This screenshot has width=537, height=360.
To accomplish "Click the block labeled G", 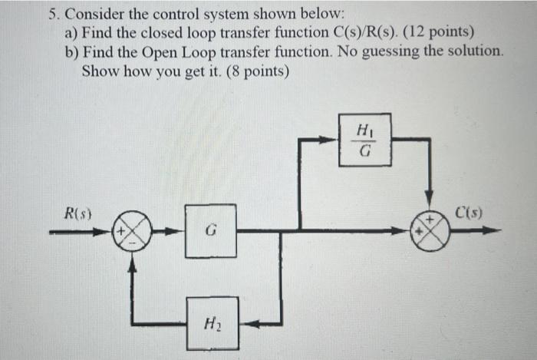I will pos(210,230).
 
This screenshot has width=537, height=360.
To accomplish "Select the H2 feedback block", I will pos(212,323).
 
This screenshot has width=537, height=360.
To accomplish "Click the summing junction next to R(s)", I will pos(133,230).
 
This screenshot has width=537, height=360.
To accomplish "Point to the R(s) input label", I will pos(78,214).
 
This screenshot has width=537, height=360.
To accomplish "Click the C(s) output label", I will pos(468,214).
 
